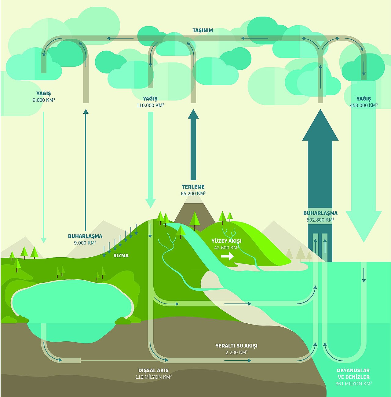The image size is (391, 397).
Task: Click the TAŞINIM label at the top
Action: [203, 30]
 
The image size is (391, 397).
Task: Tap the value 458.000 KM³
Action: [364, 105]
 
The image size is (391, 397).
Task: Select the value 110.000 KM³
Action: [150, 105]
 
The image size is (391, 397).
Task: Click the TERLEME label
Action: [193, 187]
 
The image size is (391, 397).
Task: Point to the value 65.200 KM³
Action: [193, 193]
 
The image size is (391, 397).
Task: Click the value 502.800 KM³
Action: [320, 220]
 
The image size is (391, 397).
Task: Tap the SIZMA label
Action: [121, 255]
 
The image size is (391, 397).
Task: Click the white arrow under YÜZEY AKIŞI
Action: [227, 256]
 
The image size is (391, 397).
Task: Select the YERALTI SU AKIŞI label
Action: [236, 346]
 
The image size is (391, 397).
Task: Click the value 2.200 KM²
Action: [236, 352]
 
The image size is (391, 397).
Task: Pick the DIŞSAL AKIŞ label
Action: [153, 370]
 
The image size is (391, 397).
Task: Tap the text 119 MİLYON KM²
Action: [153, 377]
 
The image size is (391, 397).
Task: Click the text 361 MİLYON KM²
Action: [353, 384]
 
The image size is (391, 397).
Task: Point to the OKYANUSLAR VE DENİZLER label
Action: [353, 373]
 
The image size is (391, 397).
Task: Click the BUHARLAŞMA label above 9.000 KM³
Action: [85, 236]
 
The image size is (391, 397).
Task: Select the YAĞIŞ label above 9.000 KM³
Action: [44, 94]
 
